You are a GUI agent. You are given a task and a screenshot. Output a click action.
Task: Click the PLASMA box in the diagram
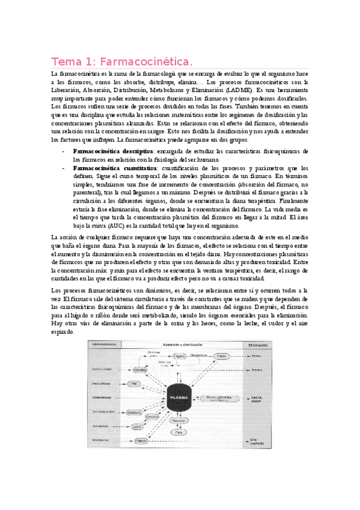click(180, 398)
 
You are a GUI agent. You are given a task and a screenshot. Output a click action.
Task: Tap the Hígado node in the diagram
click(179, 356)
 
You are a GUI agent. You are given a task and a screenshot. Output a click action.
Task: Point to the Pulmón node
click(141, 440)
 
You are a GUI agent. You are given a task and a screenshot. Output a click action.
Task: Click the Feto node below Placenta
click(178, 431)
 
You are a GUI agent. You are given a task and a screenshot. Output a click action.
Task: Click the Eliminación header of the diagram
click(253, 346)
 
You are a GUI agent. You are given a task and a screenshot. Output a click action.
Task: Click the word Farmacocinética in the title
click(146, 61)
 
